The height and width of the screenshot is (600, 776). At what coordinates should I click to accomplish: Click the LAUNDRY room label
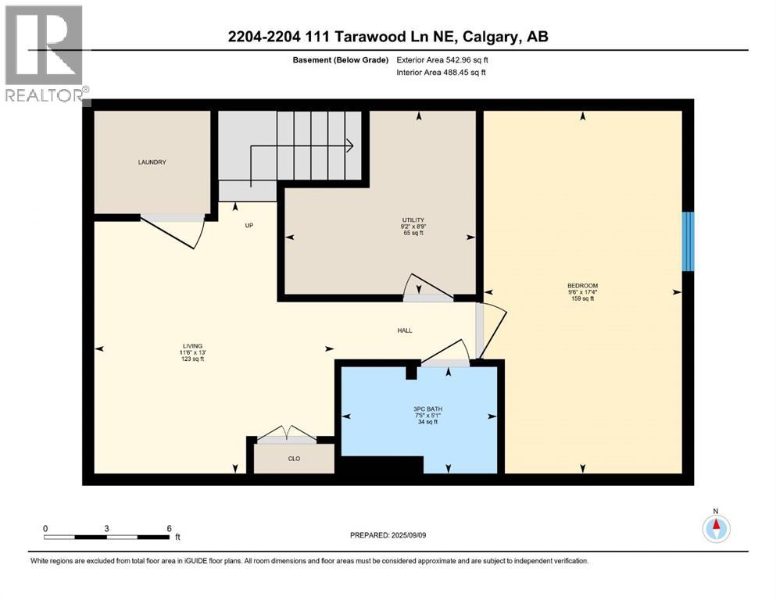click(x=152, y=162)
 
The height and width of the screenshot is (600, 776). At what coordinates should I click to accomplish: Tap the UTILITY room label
click(x=413, y=220)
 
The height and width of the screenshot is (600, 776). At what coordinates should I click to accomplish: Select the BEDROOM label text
click(x=582, y=286)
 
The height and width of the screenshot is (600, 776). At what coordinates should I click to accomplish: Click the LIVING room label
click(x=192, y=346)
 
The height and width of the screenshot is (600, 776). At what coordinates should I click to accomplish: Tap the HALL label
click(x=404, y=330)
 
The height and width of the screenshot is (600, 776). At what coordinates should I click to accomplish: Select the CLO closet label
click(x=294, y=459)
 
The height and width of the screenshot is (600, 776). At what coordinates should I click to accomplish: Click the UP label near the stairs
click(x=249, y=225)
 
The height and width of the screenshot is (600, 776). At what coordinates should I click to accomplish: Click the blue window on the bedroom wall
click(x=688, y=241)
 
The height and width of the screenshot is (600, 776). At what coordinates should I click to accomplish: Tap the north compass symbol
click(x=715, y=528)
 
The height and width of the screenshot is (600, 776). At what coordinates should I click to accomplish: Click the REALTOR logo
click(x=45, y=55)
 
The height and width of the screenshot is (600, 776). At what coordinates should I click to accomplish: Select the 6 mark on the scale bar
click(x=169, y=528)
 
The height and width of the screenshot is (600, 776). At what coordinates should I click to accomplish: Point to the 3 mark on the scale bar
click(x=106, y=528)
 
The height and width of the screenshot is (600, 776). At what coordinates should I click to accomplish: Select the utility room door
click(x=426, y=289)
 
